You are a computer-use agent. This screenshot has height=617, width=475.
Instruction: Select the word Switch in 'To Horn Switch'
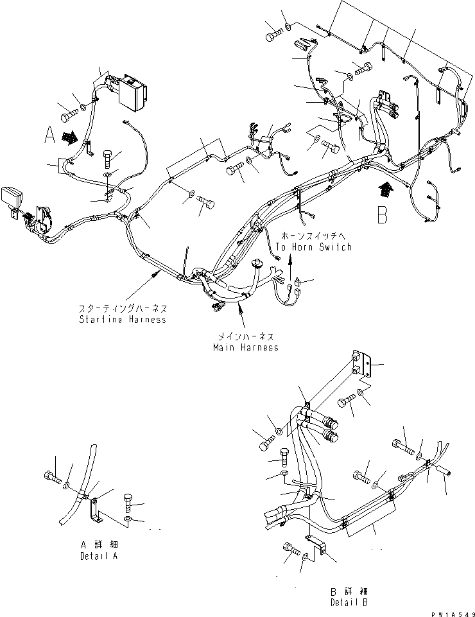(x=336, y=247)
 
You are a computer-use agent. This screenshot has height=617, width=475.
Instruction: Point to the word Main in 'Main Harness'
(x=225, y=347)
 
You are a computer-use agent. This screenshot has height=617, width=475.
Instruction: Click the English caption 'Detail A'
(x=99, y=556)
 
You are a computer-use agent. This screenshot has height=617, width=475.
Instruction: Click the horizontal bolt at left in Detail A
(x=52, y=478)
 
